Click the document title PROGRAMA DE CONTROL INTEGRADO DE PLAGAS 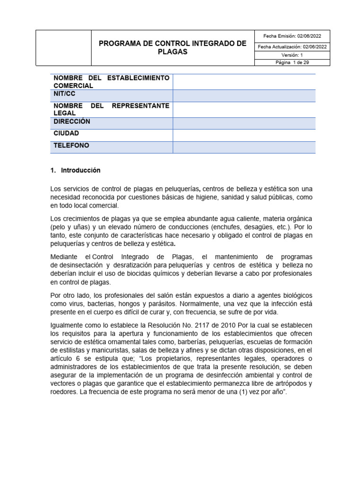tap(173, 48)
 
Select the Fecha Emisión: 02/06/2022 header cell tap(292, 36)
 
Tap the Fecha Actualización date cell tap(292, 46)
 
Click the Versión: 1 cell tap(292, 55)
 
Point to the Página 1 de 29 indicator tap(292, 62)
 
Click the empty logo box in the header tap(63, 48)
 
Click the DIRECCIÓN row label tap(72, 121)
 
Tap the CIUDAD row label tap(67, 133)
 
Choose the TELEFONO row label tap(71, 146)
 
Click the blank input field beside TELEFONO tap(244, 147)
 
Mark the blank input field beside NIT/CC tap(244, 95)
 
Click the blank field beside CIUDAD tap(244, 135)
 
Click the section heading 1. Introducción tap(76, 170)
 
